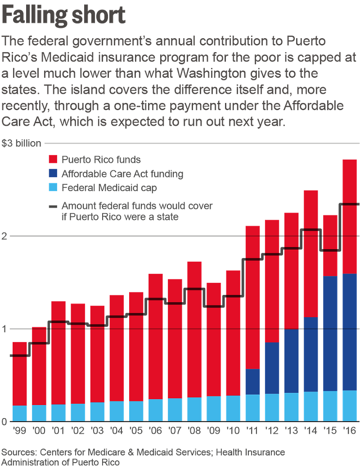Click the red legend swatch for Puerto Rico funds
53,159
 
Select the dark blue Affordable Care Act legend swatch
53,174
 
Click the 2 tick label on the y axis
4,236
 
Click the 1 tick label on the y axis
4,329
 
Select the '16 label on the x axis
350,432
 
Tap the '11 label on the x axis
252,432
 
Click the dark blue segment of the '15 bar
330,333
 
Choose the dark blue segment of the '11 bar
252,382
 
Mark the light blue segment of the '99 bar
20,413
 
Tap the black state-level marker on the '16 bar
350,204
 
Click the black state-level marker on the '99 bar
20,356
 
